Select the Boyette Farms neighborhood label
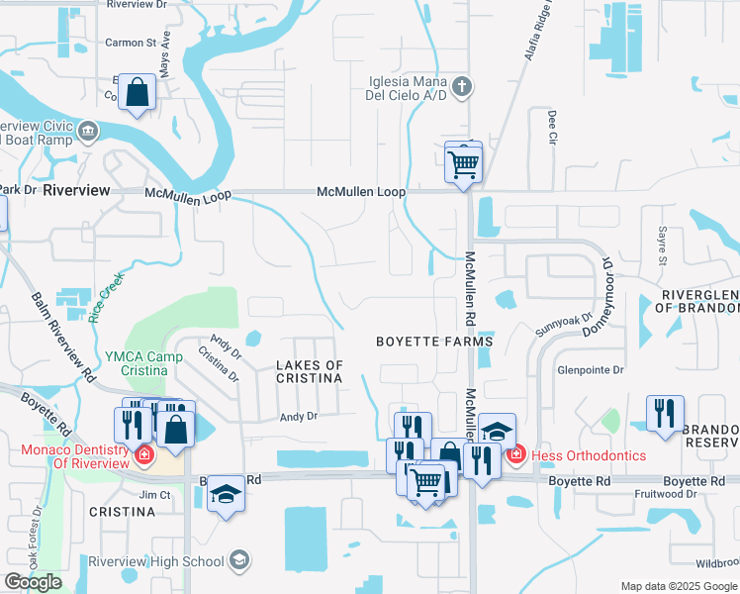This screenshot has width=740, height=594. pos(434,342)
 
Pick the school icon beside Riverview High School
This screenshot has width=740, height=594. pos(237,561)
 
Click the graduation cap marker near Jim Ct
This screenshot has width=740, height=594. pos(226,494)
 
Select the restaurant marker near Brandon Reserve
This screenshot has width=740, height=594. pos(665,413)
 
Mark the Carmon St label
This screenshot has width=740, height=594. pos(132,43)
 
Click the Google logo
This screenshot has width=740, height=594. pos(34,582)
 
